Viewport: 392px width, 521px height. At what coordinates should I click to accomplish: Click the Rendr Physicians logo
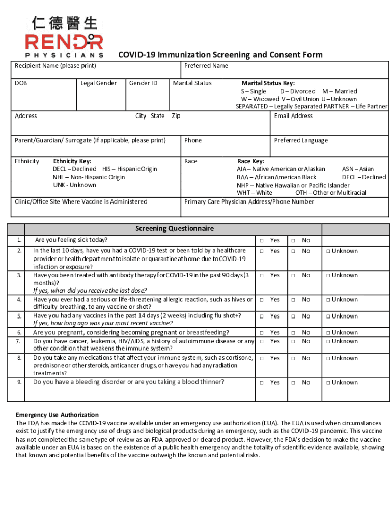[x=64, y=37]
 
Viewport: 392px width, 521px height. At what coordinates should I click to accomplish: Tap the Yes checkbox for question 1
[x=260, y=241]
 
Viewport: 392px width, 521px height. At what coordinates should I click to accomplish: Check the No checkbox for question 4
[x=293, y=300]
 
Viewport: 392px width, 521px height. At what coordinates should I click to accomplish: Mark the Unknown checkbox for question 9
[x=328, y=383]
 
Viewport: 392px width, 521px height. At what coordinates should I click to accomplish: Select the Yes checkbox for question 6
[x=260, y=333]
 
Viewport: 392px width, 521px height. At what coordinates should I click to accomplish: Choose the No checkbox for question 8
[x=293, y=358]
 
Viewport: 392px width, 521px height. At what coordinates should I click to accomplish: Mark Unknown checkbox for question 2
[x=328, y=251]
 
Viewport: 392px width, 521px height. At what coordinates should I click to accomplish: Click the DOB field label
[x=21, y=83]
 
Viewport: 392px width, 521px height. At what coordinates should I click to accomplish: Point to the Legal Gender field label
[x=99, y=83]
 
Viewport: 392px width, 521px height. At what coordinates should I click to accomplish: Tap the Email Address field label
[x=293, y=116]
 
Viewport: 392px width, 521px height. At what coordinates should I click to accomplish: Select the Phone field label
[x=193, y=140]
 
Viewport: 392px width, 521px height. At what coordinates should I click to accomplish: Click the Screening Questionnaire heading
[x=175, y=229]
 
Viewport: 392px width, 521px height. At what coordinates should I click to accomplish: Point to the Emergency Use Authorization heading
[x=57, y=415]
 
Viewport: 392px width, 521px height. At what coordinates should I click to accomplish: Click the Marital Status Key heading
[x=268, y=83]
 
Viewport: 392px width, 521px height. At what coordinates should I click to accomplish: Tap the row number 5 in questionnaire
[x=19, y=316]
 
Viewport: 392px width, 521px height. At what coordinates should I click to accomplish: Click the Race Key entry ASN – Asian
[x=357, y=169]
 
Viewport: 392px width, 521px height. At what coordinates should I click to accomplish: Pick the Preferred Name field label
[x=206, y=66]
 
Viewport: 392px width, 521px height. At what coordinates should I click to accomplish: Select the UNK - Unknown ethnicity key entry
[x=74, y=185]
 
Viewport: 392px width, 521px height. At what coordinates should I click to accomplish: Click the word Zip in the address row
[x=176, y=116]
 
